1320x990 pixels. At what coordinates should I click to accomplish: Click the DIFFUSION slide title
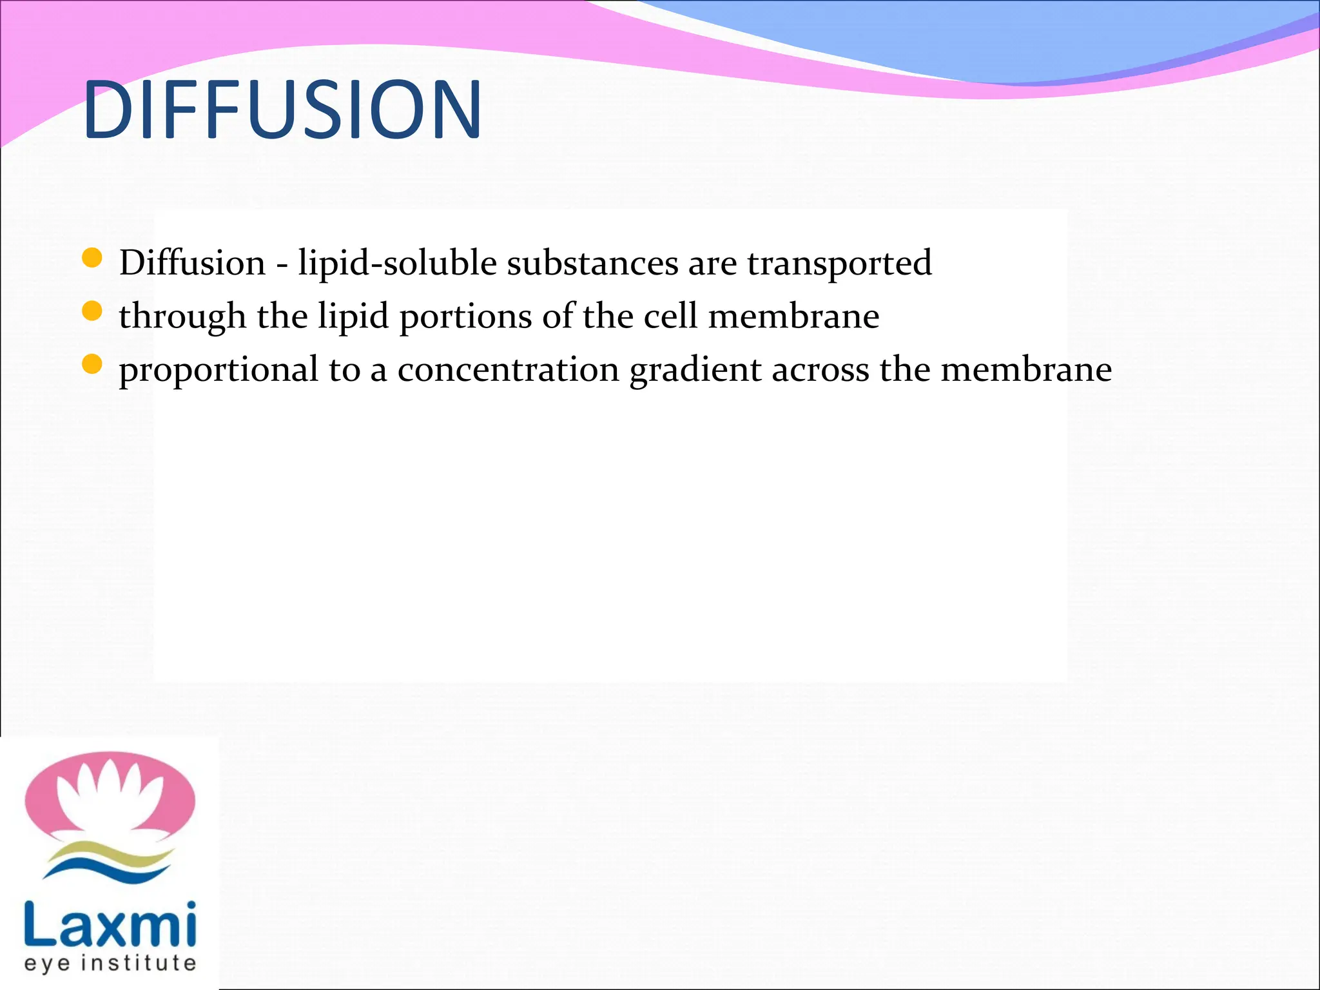pyautogui.click(x=282, y=109)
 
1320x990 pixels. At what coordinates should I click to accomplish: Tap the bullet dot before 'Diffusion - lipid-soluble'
pyautogui.click(x=93, y=258)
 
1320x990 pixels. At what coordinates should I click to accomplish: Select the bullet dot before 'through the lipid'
pyautogui.click(x=93, y=311)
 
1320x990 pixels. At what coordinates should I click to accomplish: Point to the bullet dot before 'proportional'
pyautogui.click(x=93, y=365)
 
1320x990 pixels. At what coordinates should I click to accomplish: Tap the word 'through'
pyautogui.click(x=182, y=317)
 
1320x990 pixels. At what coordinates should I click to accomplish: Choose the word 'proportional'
pyautogui.click(x=218, y=371)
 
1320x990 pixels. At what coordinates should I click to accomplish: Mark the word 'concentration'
pyautogui.click(x=508, y=369)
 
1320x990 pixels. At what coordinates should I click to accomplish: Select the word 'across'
pyautogui.click(x=820, y=371)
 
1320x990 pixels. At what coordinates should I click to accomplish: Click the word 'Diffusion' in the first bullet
pyautogui.click(x=192, y=263)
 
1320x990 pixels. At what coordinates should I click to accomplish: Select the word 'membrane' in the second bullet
pyautogui.click(x=793, y=316)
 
